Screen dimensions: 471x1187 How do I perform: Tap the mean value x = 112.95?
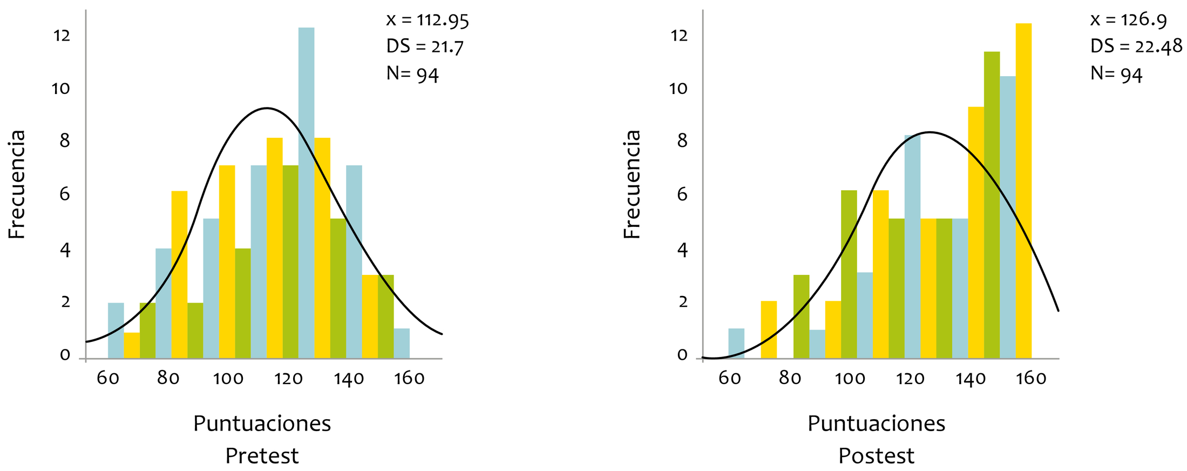pos(428,20)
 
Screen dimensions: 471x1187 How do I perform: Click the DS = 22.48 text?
pos(1136,46)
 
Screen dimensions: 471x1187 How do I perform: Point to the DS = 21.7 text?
pos(425,46)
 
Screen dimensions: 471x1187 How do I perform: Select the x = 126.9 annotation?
pos(1128,20)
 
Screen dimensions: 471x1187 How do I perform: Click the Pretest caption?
pos(262,456)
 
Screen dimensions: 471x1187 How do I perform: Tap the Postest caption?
pos(876,456)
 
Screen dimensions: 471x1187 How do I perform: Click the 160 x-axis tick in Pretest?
pos(409,378)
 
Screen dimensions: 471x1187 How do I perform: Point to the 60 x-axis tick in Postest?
pos(729,378)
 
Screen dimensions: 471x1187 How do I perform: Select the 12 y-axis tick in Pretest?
pos(62,36)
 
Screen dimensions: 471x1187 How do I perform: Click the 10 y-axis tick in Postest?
pos(679,89)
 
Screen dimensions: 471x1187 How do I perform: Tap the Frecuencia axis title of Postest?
pos(632,184)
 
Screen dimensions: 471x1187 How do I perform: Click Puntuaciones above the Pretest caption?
pos(262,423)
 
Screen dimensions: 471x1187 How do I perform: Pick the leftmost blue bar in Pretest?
pos(116,331)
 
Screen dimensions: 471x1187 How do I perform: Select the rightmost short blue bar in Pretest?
pos(402,344)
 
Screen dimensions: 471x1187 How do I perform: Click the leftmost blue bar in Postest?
pos(736,344)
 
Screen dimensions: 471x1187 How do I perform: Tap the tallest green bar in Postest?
pos(992,205)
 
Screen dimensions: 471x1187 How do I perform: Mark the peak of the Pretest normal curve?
pos(266,109)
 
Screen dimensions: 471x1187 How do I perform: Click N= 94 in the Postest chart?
pos(1116,73)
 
